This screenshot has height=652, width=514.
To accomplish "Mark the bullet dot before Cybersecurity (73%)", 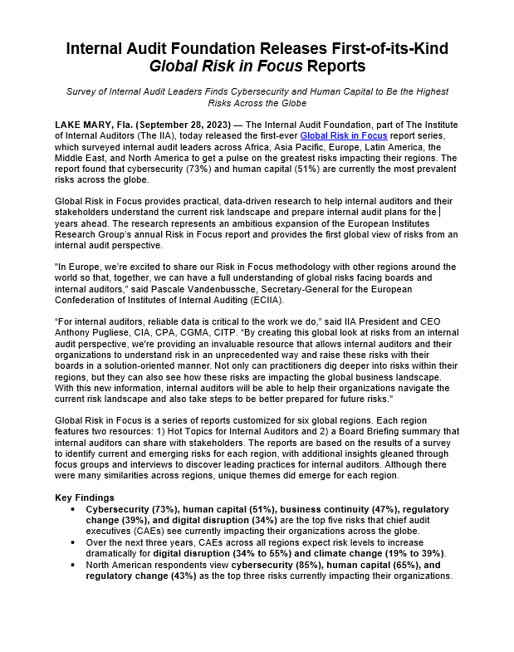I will coord(73,508).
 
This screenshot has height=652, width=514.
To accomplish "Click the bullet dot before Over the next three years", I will coord(73,542).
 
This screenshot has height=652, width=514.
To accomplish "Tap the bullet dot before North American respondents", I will coord(73,565).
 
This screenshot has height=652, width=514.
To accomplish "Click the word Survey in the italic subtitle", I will coord(82,91).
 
